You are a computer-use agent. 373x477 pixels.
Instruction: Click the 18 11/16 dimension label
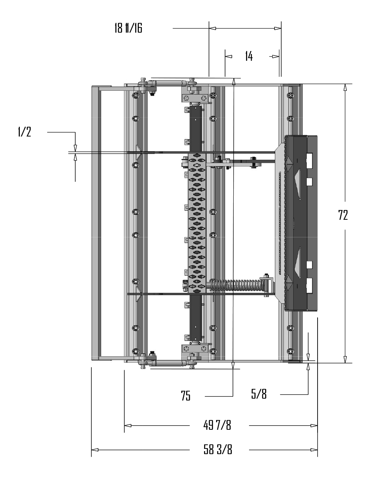pyautogui.click(x=128, y=28)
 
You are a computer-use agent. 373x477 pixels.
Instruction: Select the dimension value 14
pyautogui.click(x=249, y=56)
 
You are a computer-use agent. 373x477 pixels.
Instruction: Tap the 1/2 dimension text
pyautogui.click(x=24, y=132)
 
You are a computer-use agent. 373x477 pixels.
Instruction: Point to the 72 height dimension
pyautogui.click(x=343, y=215)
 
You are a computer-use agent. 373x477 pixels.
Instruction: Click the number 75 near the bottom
pyautogui.click(x=186, y=396)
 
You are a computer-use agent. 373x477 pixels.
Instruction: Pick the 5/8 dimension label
pyautogui.click(x=259, y=394)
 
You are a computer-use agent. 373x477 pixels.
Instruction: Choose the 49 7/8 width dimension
pyautogui.click(x=217, y=425)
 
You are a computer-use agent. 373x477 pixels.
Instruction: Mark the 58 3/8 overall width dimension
pyautogui.click(x=218, y=450)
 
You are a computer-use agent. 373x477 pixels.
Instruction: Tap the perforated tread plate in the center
pyautogui.click(x=196, y=222)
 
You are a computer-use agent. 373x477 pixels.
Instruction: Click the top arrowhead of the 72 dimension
pyautogui.click(x=345, y=87)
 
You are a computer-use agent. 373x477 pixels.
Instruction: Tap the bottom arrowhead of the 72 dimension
pyautogui.click(x=345, y=359)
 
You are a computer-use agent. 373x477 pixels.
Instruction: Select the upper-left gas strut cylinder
pyautogui.click(x=169, y=82)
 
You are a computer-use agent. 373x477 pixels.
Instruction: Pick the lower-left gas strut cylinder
pyautogui.click(x=169, y=363)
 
